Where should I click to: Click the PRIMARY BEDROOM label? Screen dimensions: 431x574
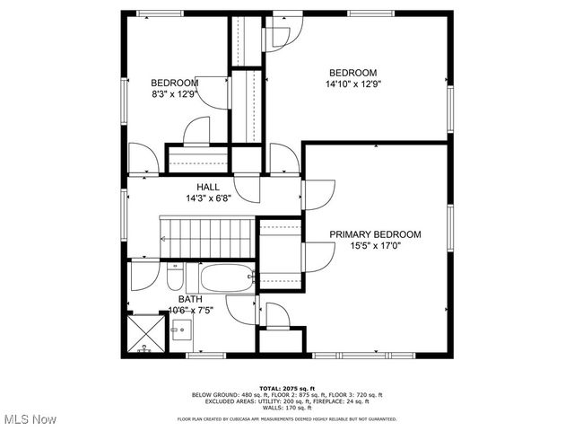[375, 234]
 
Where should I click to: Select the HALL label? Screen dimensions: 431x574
[209, 187]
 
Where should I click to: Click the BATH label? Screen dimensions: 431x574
[189, 299]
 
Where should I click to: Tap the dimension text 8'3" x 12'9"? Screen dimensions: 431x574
[173, 93]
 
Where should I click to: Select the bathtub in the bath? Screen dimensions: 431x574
[227, 278]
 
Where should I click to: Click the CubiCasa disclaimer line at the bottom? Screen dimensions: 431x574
[286, 418]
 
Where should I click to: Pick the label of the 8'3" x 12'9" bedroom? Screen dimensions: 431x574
[173, 83]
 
